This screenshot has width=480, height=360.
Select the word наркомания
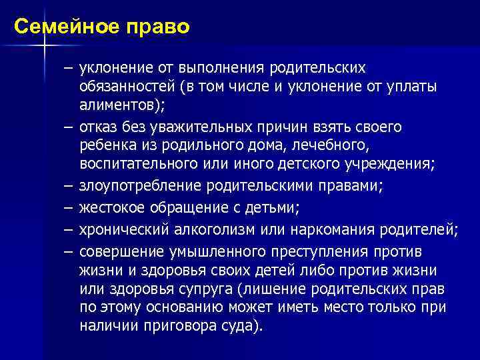click(319, 230)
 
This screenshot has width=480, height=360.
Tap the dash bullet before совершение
click(69, 253)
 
